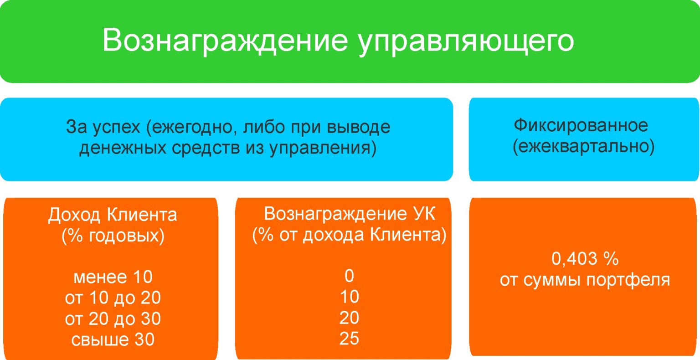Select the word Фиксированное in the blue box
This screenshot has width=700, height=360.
[581, 125]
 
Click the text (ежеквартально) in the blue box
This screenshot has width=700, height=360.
[583, 147]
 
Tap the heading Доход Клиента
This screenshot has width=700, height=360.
[113, 215]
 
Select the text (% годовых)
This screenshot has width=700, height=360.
[113, 236]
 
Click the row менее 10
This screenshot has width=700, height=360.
[113, 277]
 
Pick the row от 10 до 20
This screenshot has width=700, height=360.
[113, 298]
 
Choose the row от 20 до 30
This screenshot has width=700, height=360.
[113, 319]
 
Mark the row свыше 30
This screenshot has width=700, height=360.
[113, 339]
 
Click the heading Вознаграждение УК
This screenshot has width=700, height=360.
[350, 214]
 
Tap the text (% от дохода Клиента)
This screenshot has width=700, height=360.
[350, 235]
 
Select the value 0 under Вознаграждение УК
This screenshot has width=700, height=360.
[349, 276]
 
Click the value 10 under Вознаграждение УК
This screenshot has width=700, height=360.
[349, 297]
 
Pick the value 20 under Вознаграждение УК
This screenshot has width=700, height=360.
[349, 318]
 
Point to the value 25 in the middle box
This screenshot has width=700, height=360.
[349, 339]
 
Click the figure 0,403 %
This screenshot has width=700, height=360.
[585, 259]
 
